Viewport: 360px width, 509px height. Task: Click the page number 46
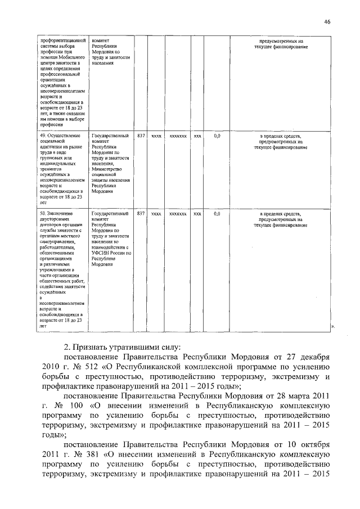(x=327, y=21)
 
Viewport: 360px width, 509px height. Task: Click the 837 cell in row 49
(x=141, y=136)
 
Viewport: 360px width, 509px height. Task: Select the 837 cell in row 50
(x=141, y=214)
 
